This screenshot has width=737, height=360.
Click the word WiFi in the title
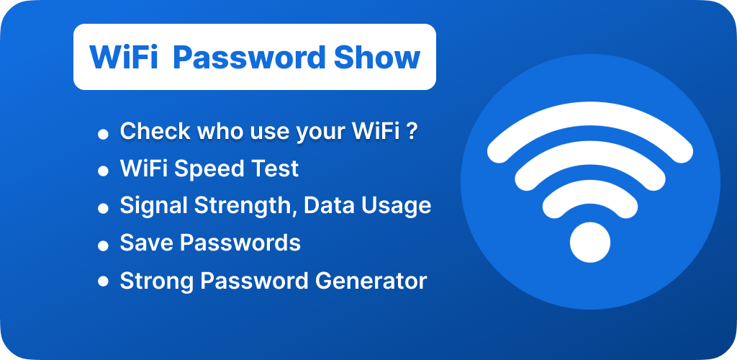(x=124, y=58)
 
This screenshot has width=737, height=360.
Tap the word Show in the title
(x=377, y=58)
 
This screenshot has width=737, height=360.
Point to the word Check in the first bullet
(x=155, y=132)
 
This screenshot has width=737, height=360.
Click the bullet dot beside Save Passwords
(x=103, y=246)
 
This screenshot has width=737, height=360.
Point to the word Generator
(x=371, y=281)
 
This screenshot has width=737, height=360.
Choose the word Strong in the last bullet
(x=157, y=282)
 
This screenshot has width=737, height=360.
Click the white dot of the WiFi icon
(x=590, y=243)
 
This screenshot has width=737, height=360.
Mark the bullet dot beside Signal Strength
(x=103, y=209)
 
